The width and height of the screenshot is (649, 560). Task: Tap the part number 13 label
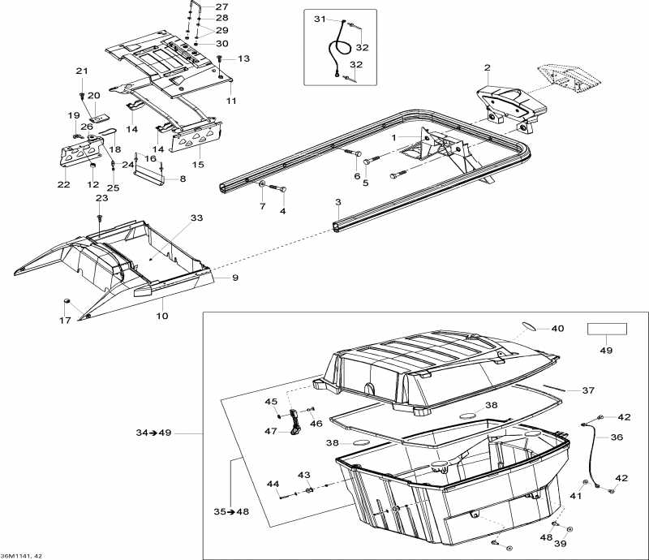tap(244, 58)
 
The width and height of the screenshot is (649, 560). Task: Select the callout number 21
tap(81, 71)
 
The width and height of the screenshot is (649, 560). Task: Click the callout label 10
tap(162, 315)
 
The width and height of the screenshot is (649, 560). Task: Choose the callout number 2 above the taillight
tap(487, 67)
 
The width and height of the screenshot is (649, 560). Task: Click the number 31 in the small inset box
tap(319, 19)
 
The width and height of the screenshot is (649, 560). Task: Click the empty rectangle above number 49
tap(608, 330)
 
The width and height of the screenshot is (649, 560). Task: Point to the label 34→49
tap(154, 433)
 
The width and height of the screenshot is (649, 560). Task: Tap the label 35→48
tap(231, 512)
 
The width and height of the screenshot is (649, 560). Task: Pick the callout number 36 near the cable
tap(617, 437)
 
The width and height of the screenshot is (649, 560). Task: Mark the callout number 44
tap(273, 484)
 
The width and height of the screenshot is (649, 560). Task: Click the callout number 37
tap(588, 390)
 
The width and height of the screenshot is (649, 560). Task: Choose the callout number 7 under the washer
tap(261, 207)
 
